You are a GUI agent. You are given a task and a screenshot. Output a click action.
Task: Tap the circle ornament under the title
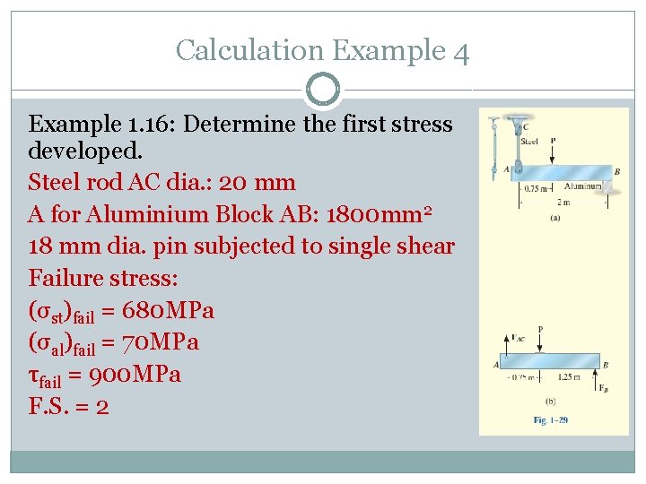(x=323, y=91)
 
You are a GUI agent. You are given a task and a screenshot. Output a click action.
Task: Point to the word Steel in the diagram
(x=529, y=141)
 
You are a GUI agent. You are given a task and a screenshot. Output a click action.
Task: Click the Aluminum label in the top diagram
(x=582, y=186)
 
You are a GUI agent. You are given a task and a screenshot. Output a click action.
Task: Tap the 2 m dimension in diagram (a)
(x=563, y=203)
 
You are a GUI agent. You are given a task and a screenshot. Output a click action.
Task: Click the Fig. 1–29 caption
(x=551, y=419)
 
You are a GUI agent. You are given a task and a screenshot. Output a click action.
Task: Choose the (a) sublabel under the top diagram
(x=554, y=218)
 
